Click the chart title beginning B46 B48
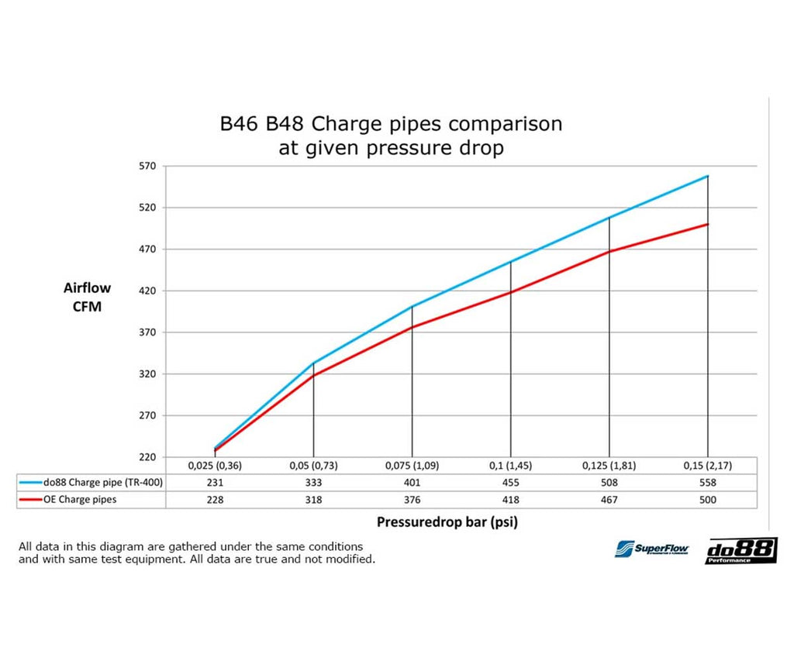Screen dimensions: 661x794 click(x=391, y=135)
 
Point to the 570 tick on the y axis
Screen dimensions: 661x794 click(x=147, y=166)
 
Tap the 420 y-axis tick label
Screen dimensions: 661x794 click(x=147, y=291)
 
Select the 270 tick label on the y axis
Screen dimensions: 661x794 click(x=147, y=415)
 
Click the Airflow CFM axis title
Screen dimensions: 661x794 click(x=87, y=296)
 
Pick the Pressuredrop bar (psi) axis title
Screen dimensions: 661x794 click(x=447, y=522)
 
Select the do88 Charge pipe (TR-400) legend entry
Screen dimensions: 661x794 click(x=91, y=482)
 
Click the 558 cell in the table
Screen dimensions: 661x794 click(x=707, y=482)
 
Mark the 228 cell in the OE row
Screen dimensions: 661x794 click(x=215, y=500)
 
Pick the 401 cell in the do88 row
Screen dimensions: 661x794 click(x=412, y=482)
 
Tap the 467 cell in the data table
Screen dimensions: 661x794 click(x=609, y=500)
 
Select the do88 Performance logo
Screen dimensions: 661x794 click(x=740, y=550)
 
